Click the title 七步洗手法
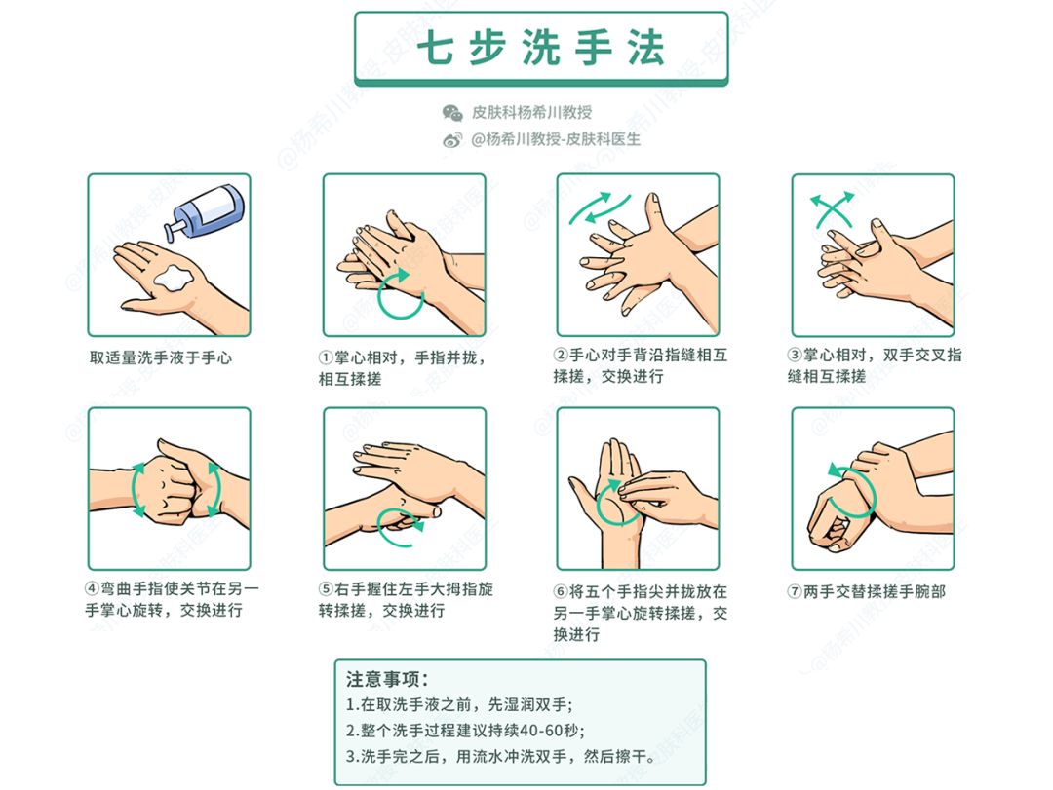click(540, 49)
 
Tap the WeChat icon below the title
click(452, 113)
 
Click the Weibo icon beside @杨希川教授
click(452, 140)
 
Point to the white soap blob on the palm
click(176, 276)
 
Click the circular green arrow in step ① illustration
click(401, 294)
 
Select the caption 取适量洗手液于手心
click(161, 357)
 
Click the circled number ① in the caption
click(327, 357)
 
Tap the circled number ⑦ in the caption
click(795, 591)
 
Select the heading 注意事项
click(387, 678)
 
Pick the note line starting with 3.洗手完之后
click(513, 757)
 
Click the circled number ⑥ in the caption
click(561, 591)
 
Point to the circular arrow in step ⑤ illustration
click(401, 527)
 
